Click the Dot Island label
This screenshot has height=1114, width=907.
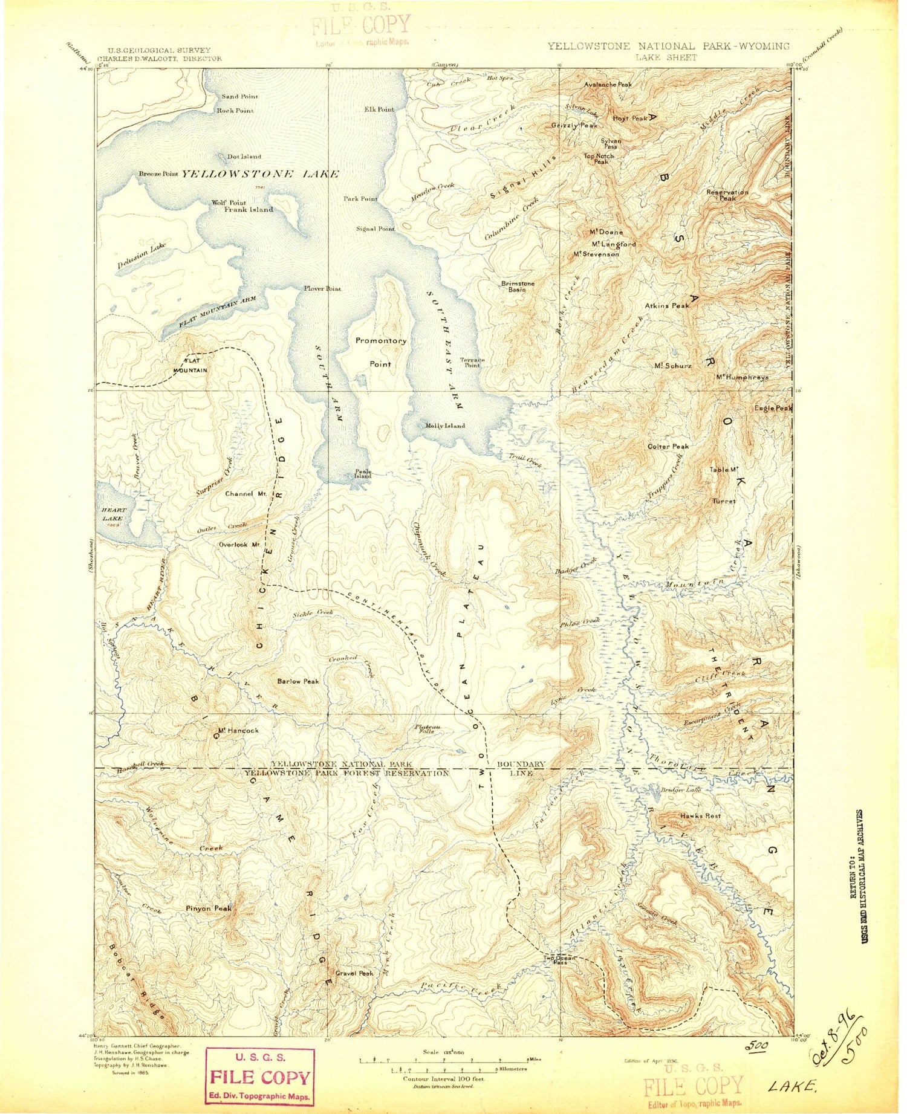coord(244,157)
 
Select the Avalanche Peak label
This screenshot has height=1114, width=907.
coord(608,85)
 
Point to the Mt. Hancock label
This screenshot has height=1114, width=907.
coord(238,730)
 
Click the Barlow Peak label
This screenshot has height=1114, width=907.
coord(297,681)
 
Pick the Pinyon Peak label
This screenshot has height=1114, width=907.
coord(209,908)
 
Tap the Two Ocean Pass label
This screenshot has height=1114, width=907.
coord(558,960)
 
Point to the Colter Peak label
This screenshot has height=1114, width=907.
coord(668,447)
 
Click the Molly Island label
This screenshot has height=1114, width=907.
coord(445,426)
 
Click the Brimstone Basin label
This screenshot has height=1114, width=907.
coord(517,287)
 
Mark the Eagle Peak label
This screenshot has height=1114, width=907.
coord(772,409)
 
